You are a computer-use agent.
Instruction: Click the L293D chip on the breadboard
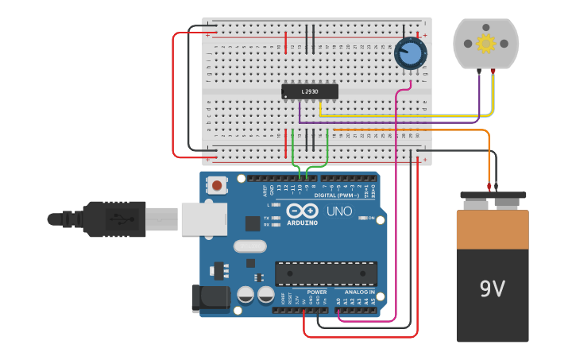tap(310, 92)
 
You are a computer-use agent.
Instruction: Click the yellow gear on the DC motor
tap(485, 42)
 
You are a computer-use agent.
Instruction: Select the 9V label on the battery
tap(493, 288)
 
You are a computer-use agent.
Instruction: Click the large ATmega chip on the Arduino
tap(326, 273)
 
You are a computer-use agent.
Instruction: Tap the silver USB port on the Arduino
tap(203, 219)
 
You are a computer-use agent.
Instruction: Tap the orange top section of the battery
tap(493, 229)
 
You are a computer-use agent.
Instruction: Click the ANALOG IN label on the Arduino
tap(360, 292)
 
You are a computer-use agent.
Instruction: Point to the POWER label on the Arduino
tap(317, 292)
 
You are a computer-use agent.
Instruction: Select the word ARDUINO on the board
tap(302, 223)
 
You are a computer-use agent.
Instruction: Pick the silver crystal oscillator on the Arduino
tap(250, 247)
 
